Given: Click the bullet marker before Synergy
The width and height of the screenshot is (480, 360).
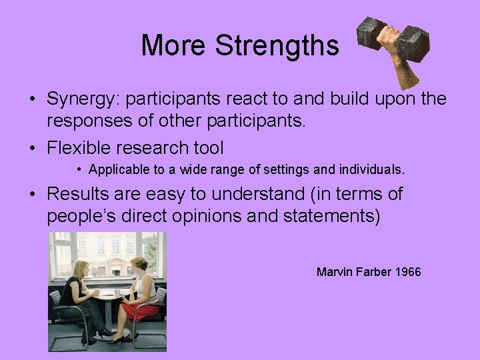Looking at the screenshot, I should [x=32, y=99].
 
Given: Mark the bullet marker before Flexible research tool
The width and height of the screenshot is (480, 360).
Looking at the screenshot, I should [x=32, y=147].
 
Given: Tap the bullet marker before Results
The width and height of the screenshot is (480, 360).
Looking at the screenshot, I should [x=32, y=194].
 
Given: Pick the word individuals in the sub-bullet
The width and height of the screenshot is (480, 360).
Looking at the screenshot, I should [x=371, y=170].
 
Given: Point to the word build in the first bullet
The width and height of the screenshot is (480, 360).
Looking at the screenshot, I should [x=349, y=99].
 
